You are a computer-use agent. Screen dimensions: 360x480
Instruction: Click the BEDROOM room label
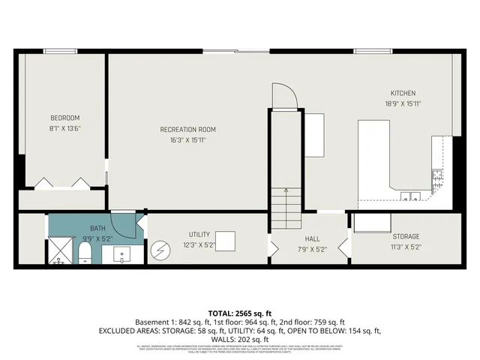[65, 118]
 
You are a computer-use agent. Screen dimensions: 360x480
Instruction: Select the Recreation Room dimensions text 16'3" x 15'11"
[183, 139]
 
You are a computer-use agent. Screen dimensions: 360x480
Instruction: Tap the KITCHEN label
[402, 92]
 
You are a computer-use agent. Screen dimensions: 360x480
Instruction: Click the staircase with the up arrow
[286, 209]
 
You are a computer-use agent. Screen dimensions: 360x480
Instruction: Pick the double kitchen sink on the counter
[409, 197]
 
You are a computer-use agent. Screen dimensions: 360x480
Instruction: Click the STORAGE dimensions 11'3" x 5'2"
[406, 246]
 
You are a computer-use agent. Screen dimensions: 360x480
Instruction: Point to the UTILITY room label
[199, 234]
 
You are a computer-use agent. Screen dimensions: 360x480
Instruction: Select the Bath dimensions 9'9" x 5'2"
[98, 238]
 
